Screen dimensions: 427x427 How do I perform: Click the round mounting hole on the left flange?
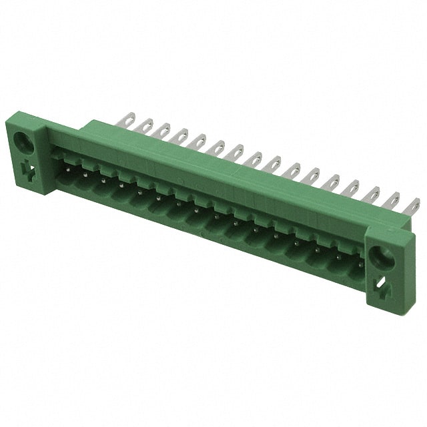pyautogui.click(x=21, y=141)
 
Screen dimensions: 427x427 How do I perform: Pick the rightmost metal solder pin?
pyautogui.click(x=412, y=207)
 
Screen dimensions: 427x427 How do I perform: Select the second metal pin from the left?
pyautogui.click(x=144, y=126)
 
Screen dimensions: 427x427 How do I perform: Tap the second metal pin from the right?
pyautogui.click(x=392, y=201)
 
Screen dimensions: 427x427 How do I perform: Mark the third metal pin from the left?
pyautogui.click(x=162, y=131)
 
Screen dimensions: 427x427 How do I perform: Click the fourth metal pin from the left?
pyautogui.click(x=180, y=137)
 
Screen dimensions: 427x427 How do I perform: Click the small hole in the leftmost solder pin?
pyautogui.click(x=124, y=120)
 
